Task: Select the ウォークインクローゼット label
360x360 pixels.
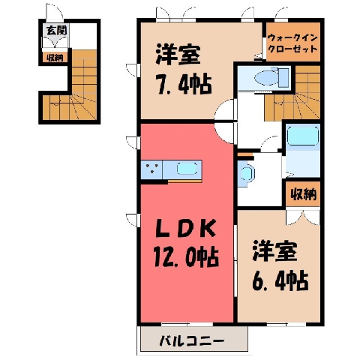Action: (292, 43)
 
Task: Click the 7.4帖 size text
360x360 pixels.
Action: (184, 85)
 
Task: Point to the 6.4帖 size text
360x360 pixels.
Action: (280, 280)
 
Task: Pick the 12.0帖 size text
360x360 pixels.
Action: (186, 257)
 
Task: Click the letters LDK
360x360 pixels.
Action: (185, 229)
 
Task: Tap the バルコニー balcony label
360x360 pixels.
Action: (191, 340)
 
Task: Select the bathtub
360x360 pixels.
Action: (303, 136)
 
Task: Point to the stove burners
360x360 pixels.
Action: (152, 168)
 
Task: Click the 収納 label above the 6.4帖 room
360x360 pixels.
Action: (303, 194)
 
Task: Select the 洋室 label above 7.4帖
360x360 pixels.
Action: (178, 54)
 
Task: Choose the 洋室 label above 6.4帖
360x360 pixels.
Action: (274, 250)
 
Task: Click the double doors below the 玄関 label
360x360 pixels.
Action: (55, 42)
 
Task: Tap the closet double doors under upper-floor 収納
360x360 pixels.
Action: (303, 217)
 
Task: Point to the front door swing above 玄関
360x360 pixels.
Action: (55, 12)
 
